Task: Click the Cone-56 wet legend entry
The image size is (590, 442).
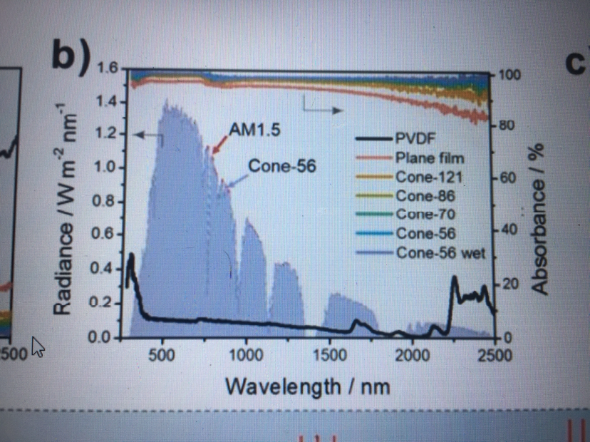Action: [440, 252]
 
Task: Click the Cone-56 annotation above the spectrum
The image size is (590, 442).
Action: [281, 167]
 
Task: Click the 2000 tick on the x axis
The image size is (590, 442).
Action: [412, 354]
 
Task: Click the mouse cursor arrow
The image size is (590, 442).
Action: [38, 348]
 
